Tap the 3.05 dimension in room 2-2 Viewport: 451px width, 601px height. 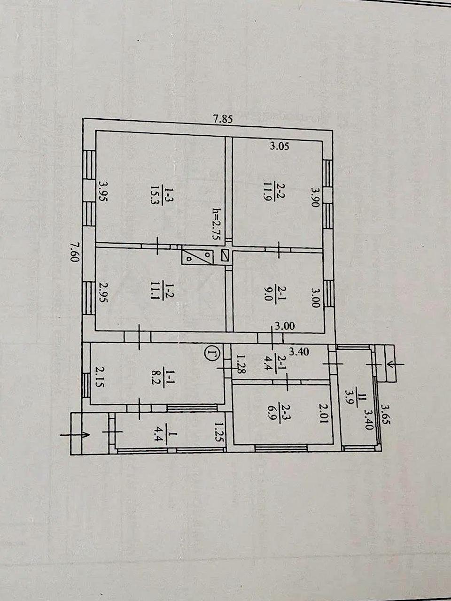coord(280,147)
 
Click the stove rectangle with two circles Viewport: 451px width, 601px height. coord(197,256)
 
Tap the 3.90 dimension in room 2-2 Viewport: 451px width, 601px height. coord(315,197)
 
